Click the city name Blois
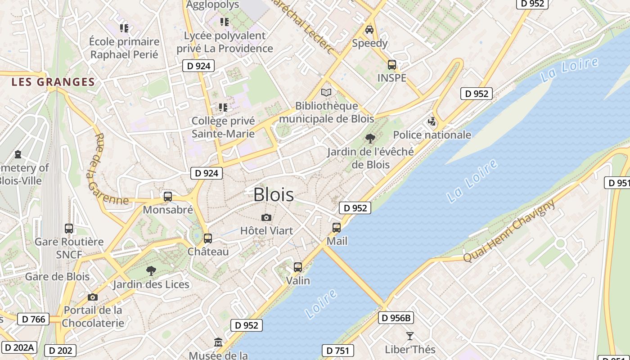coord(274,195)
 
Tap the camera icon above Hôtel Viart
coord(266,218)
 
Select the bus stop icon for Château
coord(207,238)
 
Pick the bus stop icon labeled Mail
coord(337,228)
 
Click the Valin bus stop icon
coord(297,267)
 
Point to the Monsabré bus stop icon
coord(168,197)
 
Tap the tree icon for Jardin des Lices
coord(151,271)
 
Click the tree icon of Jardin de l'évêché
coord(370,139)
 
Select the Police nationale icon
coord(432,121)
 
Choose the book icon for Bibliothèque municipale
coord(326,93)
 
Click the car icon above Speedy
coord(369,30)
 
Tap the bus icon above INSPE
coord(392,65)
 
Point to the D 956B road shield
coord(396,318)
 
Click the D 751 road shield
coord(337,351)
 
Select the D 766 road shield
coord(33,319)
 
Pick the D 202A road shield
coord(19,347)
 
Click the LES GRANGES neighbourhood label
coord(53,82)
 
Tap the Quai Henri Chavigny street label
coord(509,231)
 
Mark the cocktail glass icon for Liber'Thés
coord(409,336)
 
